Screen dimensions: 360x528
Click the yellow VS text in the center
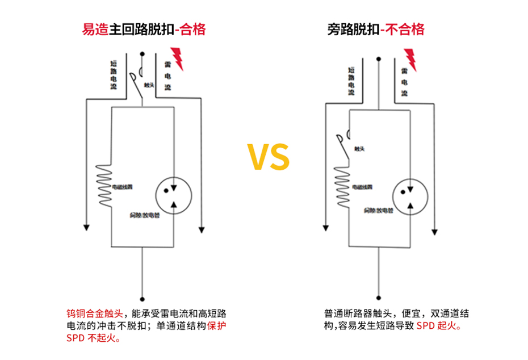coord(268,157)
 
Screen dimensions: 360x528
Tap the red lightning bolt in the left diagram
coord(178,57)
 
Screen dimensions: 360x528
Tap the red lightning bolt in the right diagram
coord(410,59)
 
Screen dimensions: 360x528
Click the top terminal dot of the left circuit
coord(141,55)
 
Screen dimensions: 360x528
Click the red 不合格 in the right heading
coord(405,29)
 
